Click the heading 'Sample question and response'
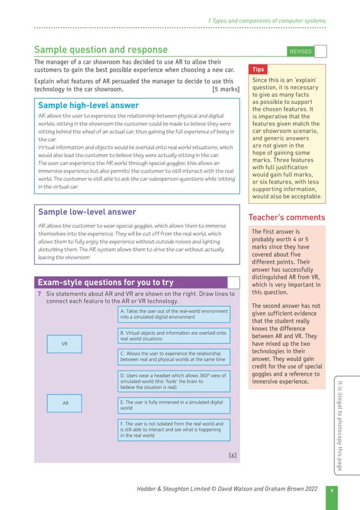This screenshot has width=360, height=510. [x=100, y=50]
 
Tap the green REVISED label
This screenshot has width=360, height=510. [x=300, y=51]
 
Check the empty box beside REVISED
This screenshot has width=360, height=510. [x=321, y=51]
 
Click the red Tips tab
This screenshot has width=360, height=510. [x=258, y=69]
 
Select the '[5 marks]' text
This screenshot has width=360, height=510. [x=225, y=89]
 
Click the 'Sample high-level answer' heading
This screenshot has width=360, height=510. [x=88, y=105]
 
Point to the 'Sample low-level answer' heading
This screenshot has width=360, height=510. [x=87, y=212]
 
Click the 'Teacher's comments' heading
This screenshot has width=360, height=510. [x=287, y=217]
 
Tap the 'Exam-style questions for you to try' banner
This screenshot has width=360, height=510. [x=106, y=282]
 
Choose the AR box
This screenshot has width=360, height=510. [x=65, y=403]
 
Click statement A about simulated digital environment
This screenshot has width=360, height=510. [x=174, y=314]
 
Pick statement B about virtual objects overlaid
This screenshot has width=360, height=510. [x=174, y=335]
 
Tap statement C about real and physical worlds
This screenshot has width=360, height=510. [x=174, y=356]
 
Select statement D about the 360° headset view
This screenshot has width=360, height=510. [x=174, y=381]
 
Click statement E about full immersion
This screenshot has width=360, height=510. [x=174, y=405]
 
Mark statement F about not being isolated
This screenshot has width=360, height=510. [x=174, y=429]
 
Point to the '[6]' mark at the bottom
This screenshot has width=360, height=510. [x=232, y=455]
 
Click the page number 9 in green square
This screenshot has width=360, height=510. [x=332, y=491]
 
